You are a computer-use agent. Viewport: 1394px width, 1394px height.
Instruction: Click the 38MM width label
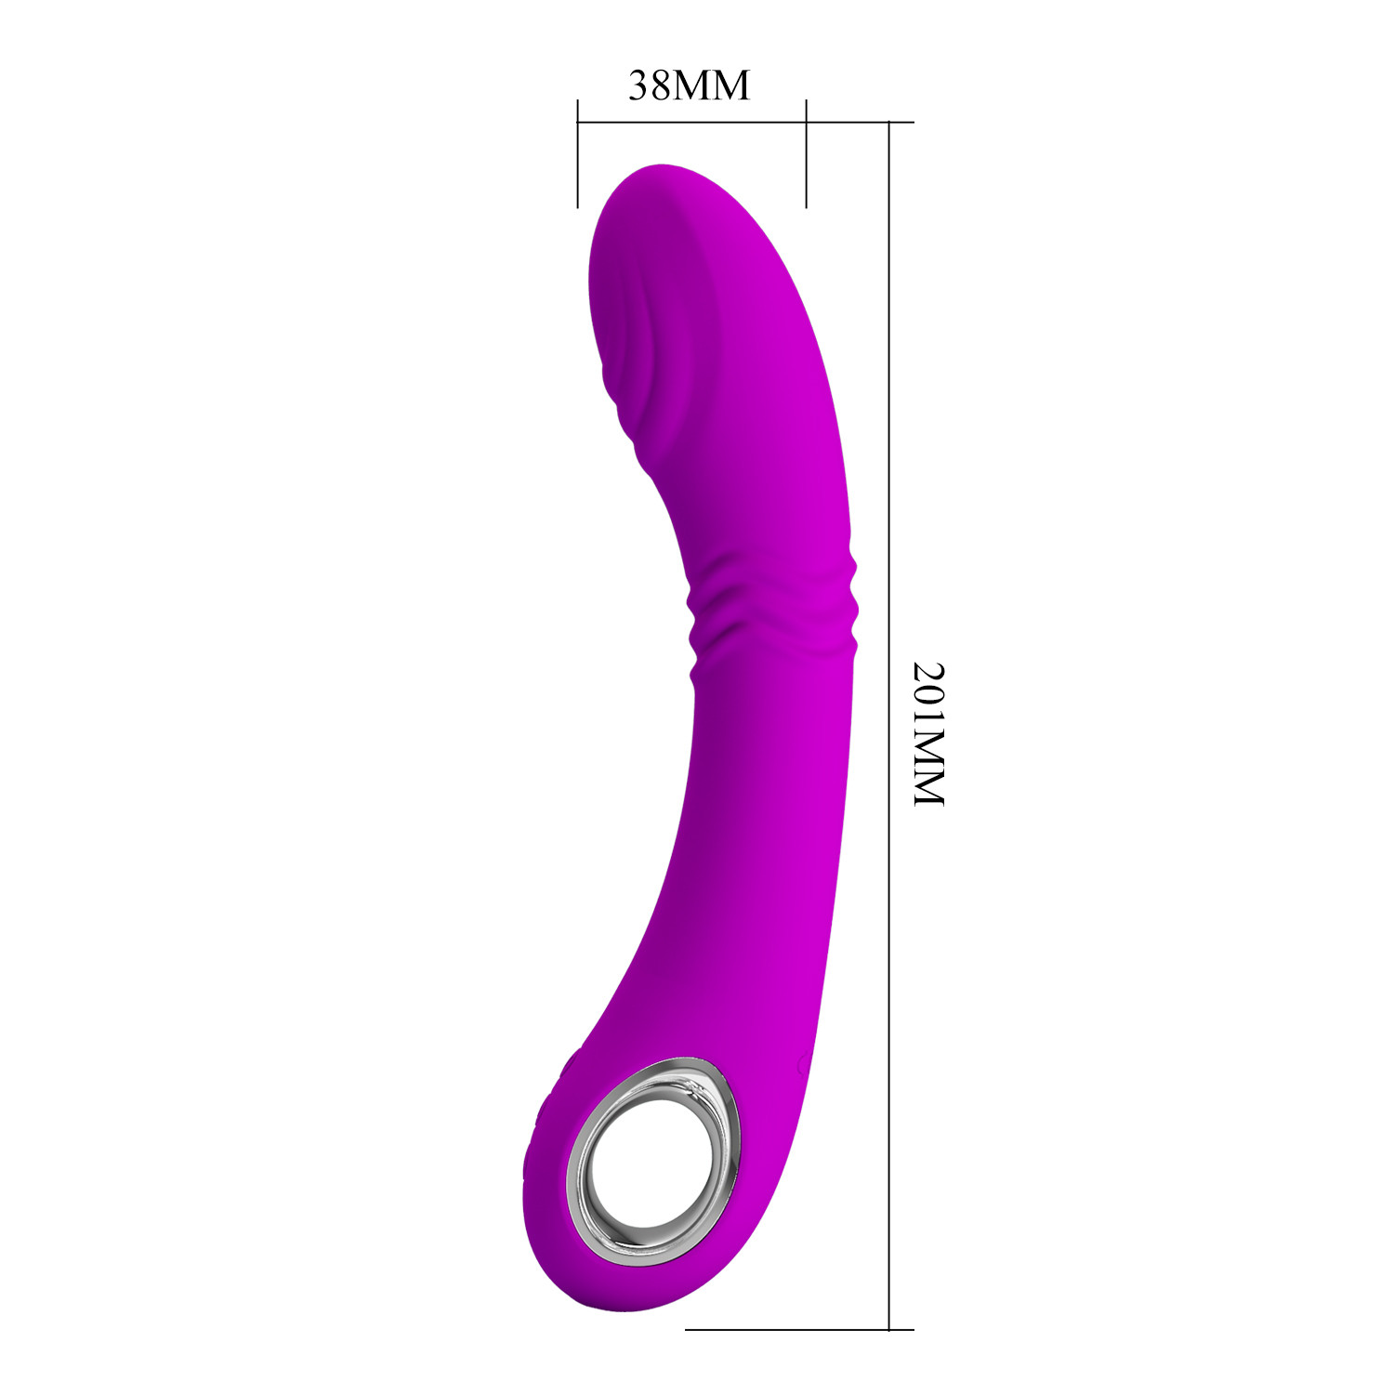coord(689,85)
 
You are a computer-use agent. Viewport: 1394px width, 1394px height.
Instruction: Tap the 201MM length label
coord(928,733)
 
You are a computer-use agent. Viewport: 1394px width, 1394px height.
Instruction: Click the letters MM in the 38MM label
coord(711,85)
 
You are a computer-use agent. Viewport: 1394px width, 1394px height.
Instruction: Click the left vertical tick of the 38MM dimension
coord(578,152)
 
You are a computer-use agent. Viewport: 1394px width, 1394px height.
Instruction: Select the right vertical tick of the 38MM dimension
coord(806,152)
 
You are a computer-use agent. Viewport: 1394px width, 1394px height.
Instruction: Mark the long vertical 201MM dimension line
coord(889,725)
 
